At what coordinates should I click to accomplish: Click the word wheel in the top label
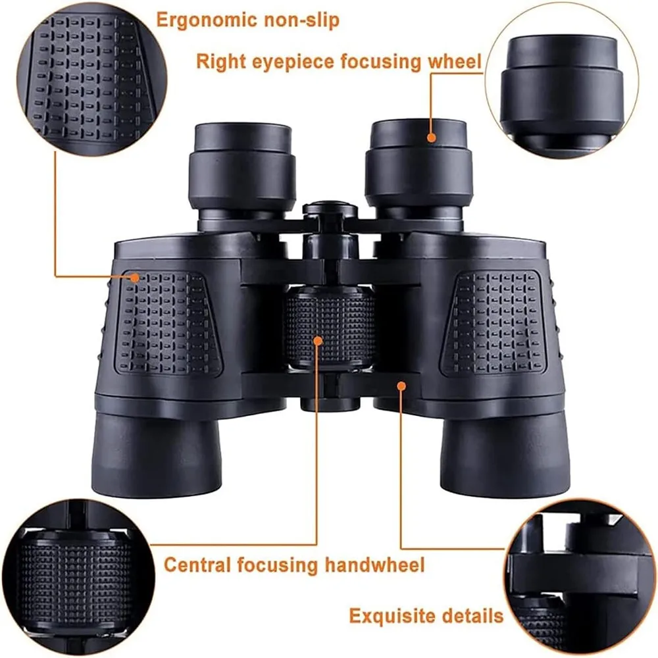click(x=454, y=61)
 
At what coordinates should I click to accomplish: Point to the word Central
click(x=197, y=565)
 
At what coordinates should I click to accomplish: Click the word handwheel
click(x=375, y=565)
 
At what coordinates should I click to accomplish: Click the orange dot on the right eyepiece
click(x=432, y=138)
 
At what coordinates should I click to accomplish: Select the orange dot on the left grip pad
click(x=134, y=278)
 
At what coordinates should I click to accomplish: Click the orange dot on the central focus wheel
click(x=318, y=341)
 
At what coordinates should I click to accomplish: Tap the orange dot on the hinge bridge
click(x=401, y=386)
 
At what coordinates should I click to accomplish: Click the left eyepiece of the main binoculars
click(x=241, y=168)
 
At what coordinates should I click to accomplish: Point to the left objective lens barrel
click(x=156, y=453)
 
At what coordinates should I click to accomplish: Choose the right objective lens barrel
click(x=505, y=453)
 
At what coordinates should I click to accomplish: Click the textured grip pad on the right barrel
click(x=493, y=322)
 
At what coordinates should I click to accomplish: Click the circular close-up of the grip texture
click(x=92, y=80)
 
